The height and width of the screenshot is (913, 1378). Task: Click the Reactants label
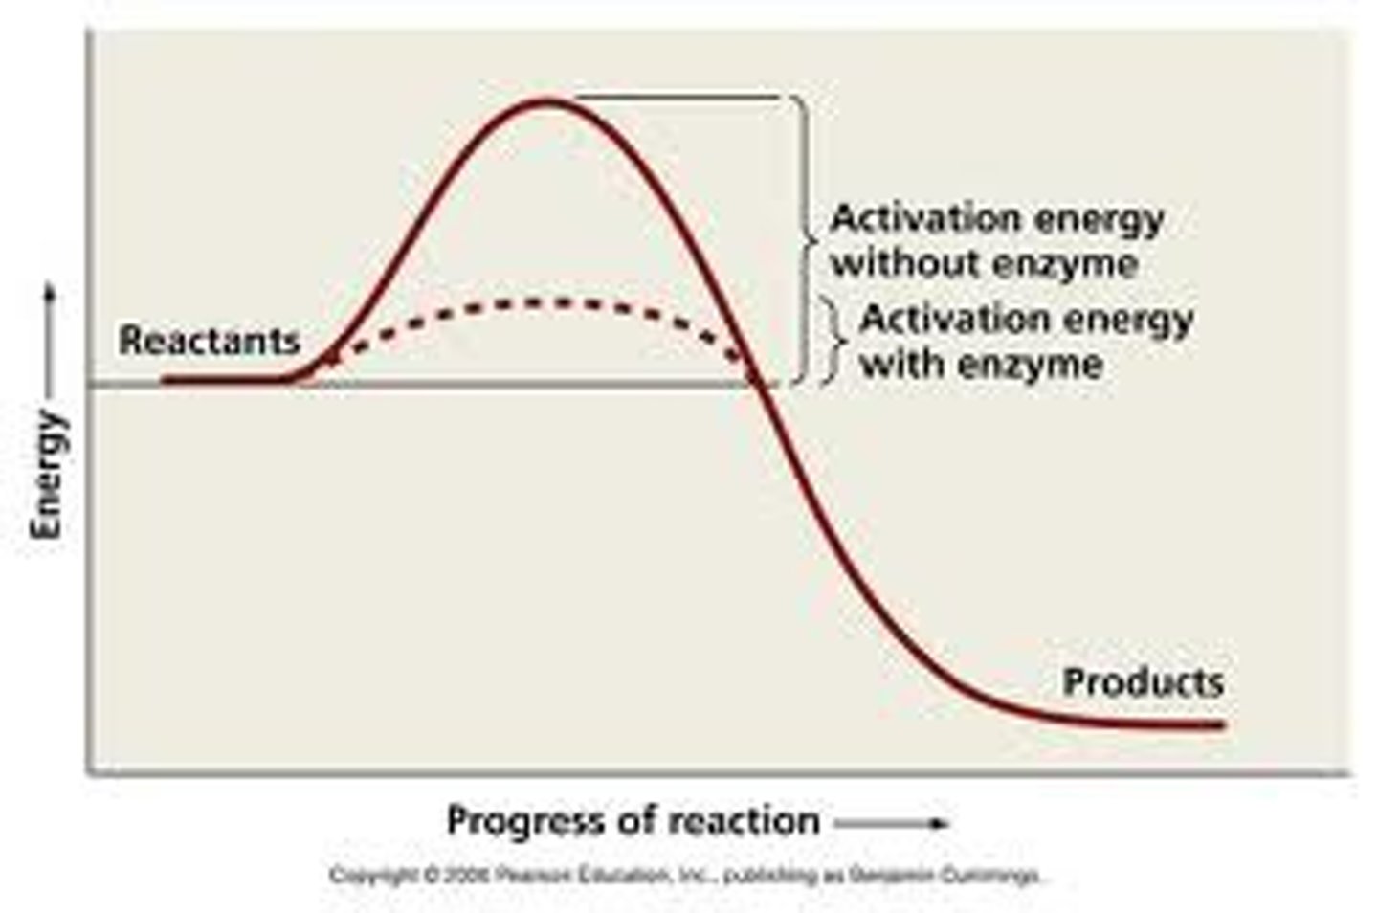pos(209,340)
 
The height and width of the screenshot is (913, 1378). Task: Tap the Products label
pos(1143,682)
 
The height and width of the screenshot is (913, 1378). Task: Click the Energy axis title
pos(48,476)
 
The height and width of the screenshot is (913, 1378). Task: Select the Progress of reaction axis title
pos(633,821)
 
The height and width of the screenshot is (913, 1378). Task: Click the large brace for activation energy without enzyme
pos(806,239)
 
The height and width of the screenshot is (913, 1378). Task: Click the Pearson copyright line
pos(684,876)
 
